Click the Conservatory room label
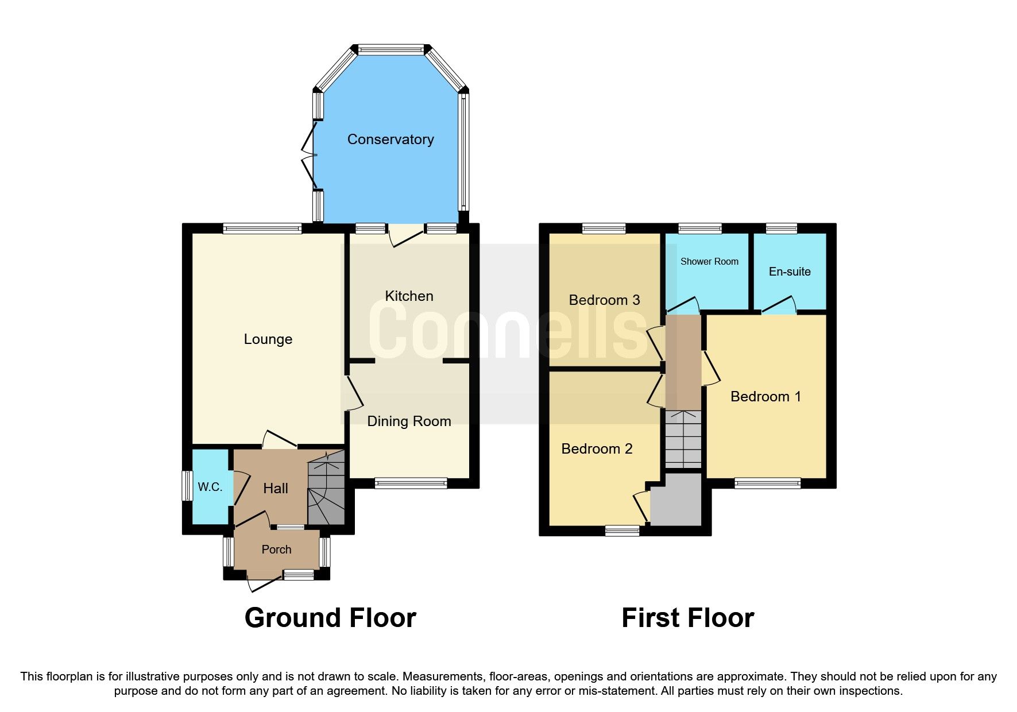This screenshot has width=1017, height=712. tap(390, 140)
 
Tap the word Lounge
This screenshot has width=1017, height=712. tap(268, 339)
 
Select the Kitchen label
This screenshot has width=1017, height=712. tap(409, 296)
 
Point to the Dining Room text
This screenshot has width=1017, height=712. tap(409, 421)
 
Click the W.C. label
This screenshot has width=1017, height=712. tap(210, 487)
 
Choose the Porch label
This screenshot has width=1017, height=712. tap(276, 550)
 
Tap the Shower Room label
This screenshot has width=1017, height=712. tap(709, 262)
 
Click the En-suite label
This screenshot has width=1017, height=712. tap(790, 272)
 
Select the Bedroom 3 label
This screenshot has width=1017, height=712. tap(604, 300)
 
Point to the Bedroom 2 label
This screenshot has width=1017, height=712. tap(597, 449)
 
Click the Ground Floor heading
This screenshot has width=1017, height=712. tap(330, 618)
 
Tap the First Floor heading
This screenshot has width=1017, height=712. tap(687, 618)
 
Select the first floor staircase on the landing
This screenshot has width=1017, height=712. tap(683, 439)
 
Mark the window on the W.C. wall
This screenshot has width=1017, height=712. tap(186, 486)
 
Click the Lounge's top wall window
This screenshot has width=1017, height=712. tap(262, 229)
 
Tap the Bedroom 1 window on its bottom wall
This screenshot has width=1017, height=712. tap(767, 483)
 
